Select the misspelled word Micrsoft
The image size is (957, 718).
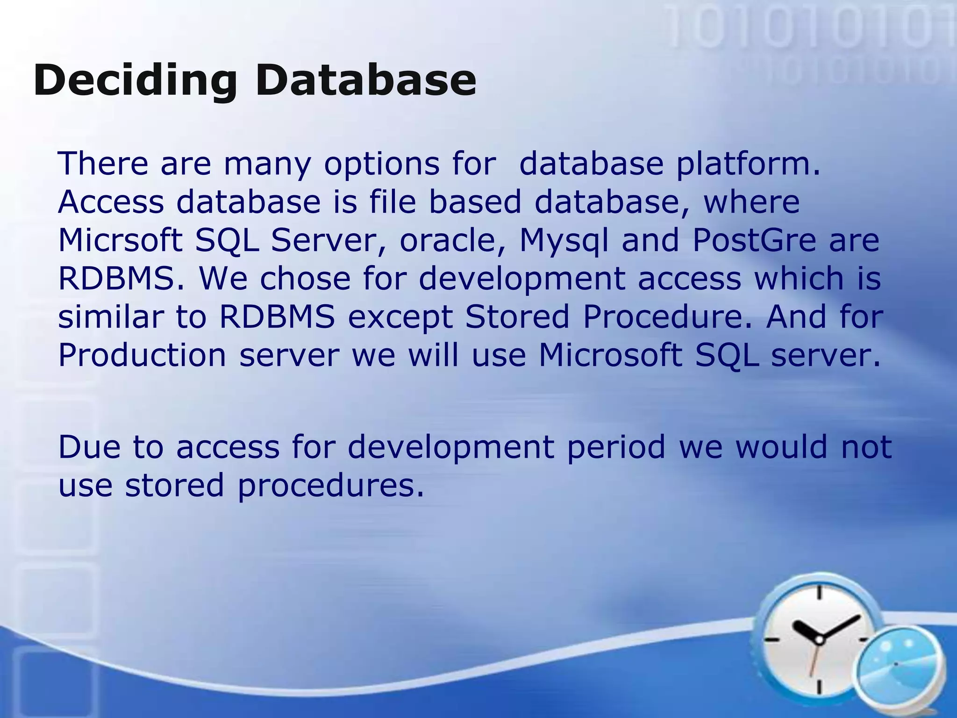pos(120,240)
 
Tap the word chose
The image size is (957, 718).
pos(305,279)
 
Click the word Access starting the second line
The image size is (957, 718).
pos(111,202)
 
